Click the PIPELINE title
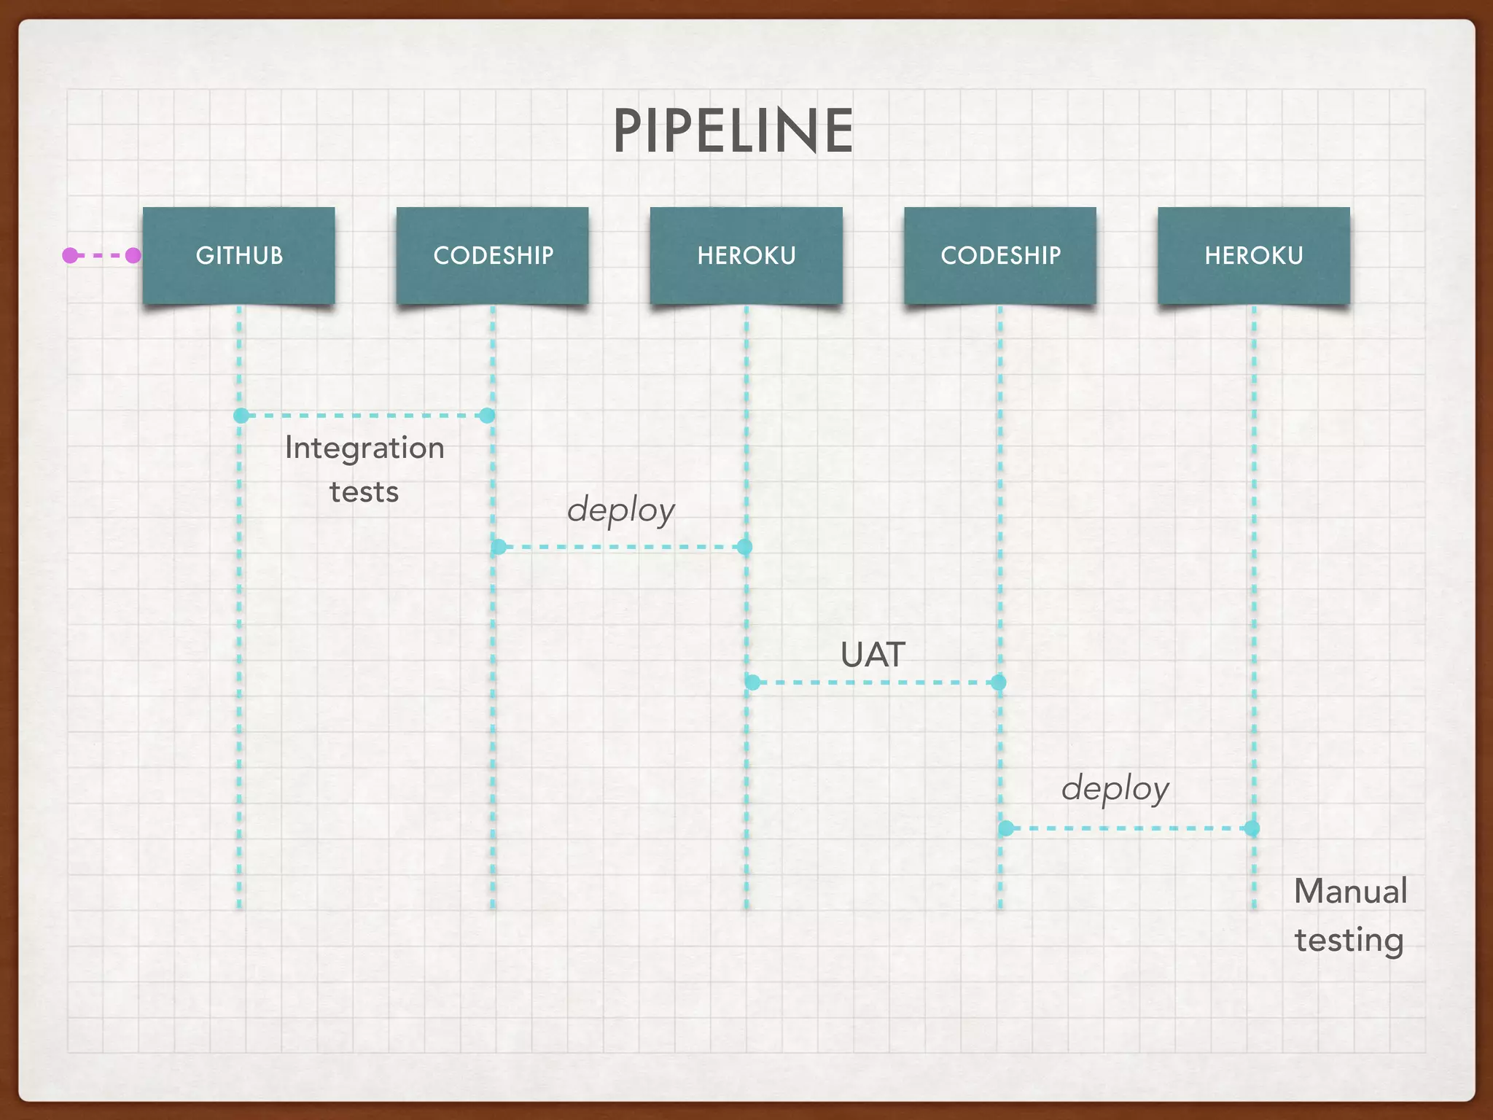[733, 131]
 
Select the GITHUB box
[239, 255]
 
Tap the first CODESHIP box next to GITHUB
[493, 255]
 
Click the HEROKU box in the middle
[746, 255]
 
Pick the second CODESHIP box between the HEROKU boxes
[1000, 255]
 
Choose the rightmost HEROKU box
[1254, 255]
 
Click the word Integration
[365, 448]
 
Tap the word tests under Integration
[365, 492]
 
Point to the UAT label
[873, 655]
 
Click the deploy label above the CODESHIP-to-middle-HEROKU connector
[621, 510]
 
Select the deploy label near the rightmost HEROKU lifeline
[1115, 789]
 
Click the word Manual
[1350, 892]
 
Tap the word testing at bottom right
[1349, 940]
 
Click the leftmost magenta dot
[70, 255]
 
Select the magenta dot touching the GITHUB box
[133, 255]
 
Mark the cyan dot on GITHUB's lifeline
[241, 416]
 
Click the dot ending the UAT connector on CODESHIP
[999, 682]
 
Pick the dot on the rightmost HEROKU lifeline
[1252, 828]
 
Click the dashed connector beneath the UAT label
[875, 682]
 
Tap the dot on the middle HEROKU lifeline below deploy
[744, 547]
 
